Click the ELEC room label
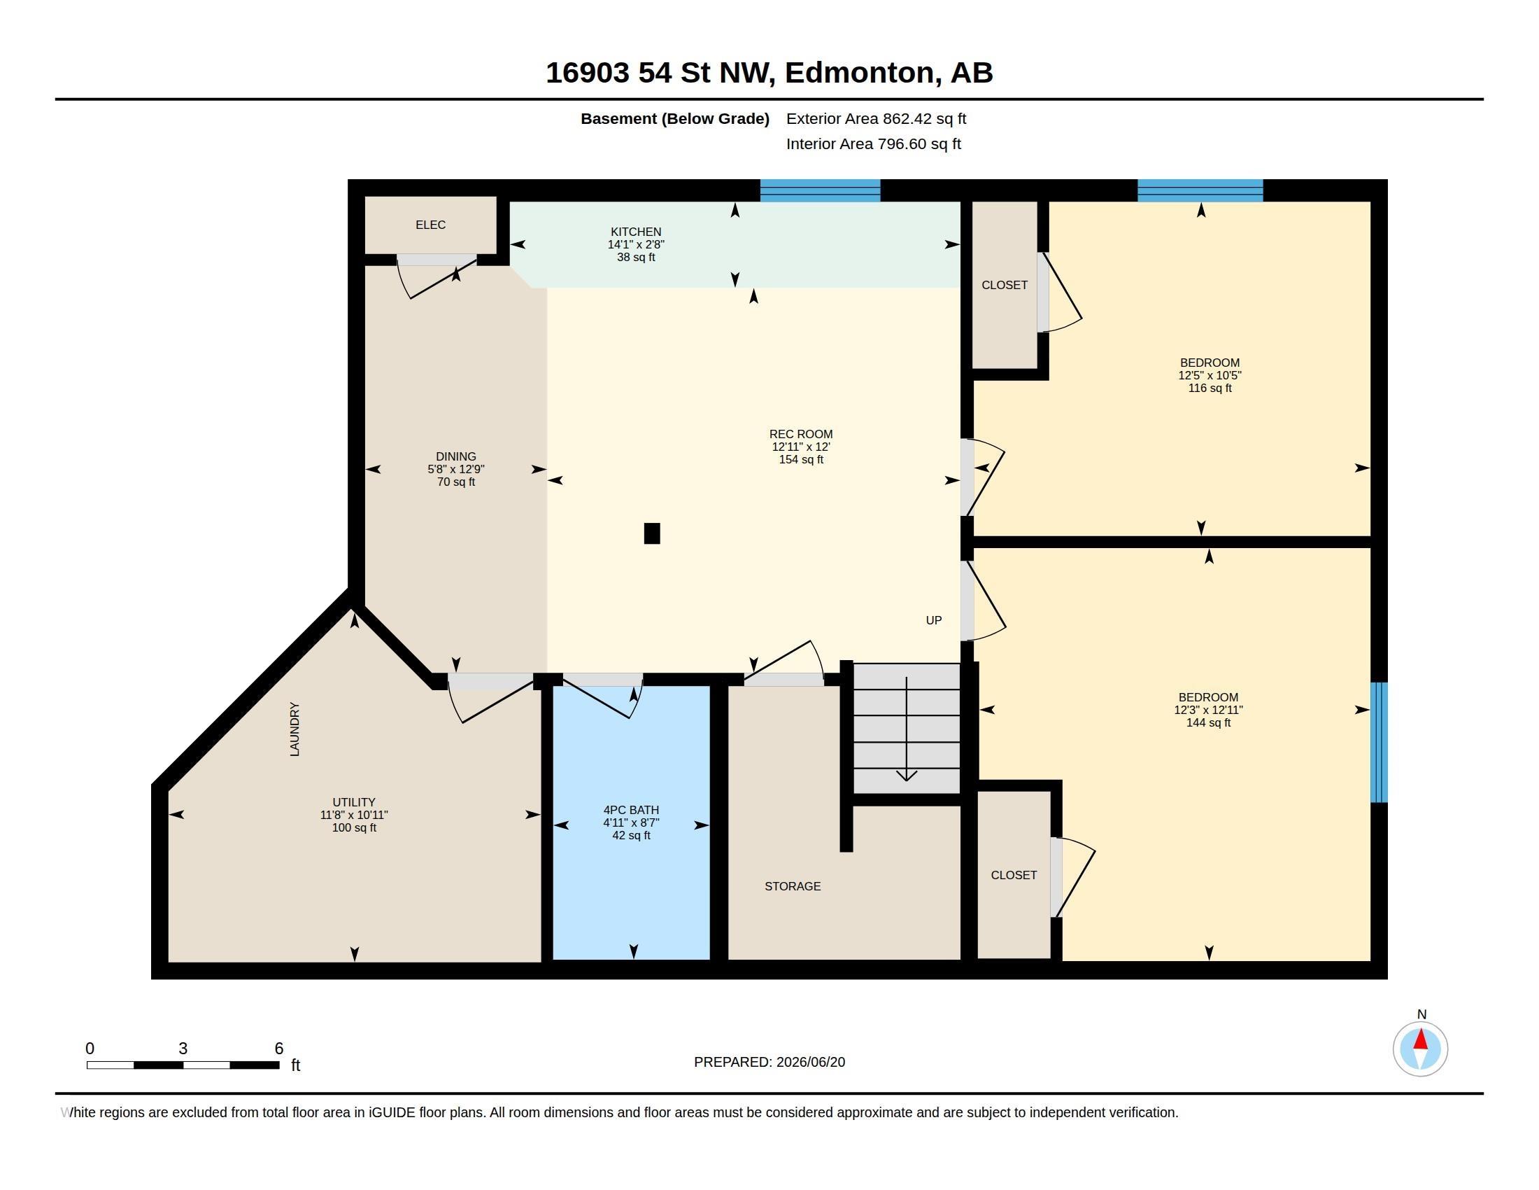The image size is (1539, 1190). point(430,225)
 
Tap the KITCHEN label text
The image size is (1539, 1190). point(636,232)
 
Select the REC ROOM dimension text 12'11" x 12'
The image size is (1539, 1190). point(800,447)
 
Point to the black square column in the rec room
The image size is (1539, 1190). point(652,533)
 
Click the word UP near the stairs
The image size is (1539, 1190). point(933,620)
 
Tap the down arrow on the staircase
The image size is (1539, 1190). point(906,729)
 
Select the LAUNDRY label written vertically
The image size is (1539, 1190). point(295,729)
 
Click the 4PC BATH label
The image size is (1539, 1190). point(631,810)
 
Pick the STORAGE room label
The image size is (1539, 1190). point(792,886)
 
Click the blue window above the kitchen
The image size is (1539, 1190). point(820,190)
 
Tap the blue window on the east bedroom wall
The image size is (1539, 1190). point(1378,742)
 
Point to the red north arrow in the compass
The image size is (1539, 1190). point(1421,1039)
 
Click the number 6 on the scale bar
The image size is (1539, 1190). point(279,1049)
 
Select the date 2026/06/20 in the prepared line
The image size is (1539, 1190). point(810,1062)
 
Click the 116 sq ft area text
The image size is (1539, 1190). point(1210,388)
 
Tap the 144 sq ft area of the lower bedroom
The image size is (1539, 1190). point(1208,722)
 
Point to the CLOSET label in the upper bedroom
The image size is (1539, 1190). point(1004,285)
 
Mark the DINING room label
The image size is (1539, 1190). point(456,457)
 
